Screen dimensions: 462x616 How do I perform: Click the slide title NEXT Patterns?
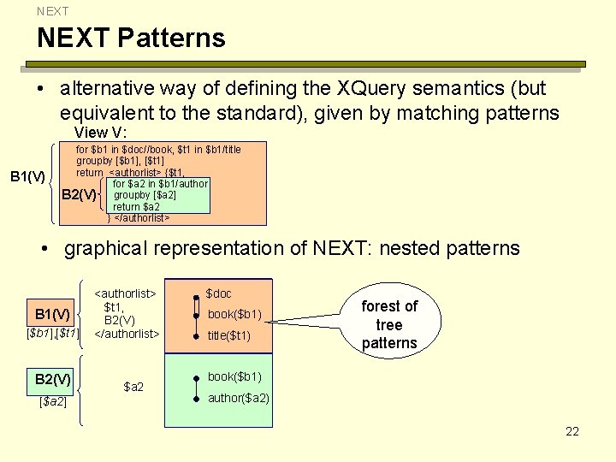[131, 38]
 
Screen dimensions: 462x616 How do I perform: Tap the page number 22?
[572, 431]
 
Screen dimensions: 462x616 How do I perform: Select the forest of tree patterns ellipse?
[389, 324]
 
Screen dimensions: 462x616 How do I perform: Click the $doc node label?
[218, 293]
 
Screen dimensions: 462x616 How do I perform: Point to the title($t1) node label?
[229, 335]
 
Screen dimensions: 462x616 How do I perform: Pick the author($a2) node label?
[239, 398]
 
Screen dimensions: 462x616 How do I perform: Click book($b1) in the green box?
[234, 376]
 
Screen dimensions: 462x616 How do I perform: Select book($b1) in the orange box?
[234, 314]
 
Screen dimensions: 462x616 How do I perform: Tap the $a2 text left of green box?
[134, 387]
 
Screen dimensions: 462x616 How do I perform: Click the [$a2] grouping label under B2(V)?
[53, 400]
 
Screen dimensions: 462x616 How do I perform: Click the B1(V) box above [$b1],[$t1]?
[53, 313]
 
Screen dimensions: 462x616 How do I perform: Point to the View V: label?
[101, 133]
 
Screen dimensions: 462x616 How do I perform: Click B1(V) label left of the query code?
[27, 176]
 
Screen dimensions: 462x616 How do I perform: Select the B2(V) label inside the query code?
[80, 195]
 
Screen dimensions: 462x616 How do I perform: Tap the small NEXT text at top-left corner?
[52, 11]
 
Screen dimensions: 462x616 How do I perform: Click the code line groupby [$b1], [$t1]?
[121, 161]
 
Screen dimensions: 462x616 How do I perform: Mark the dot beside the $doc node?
[196, 296]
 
